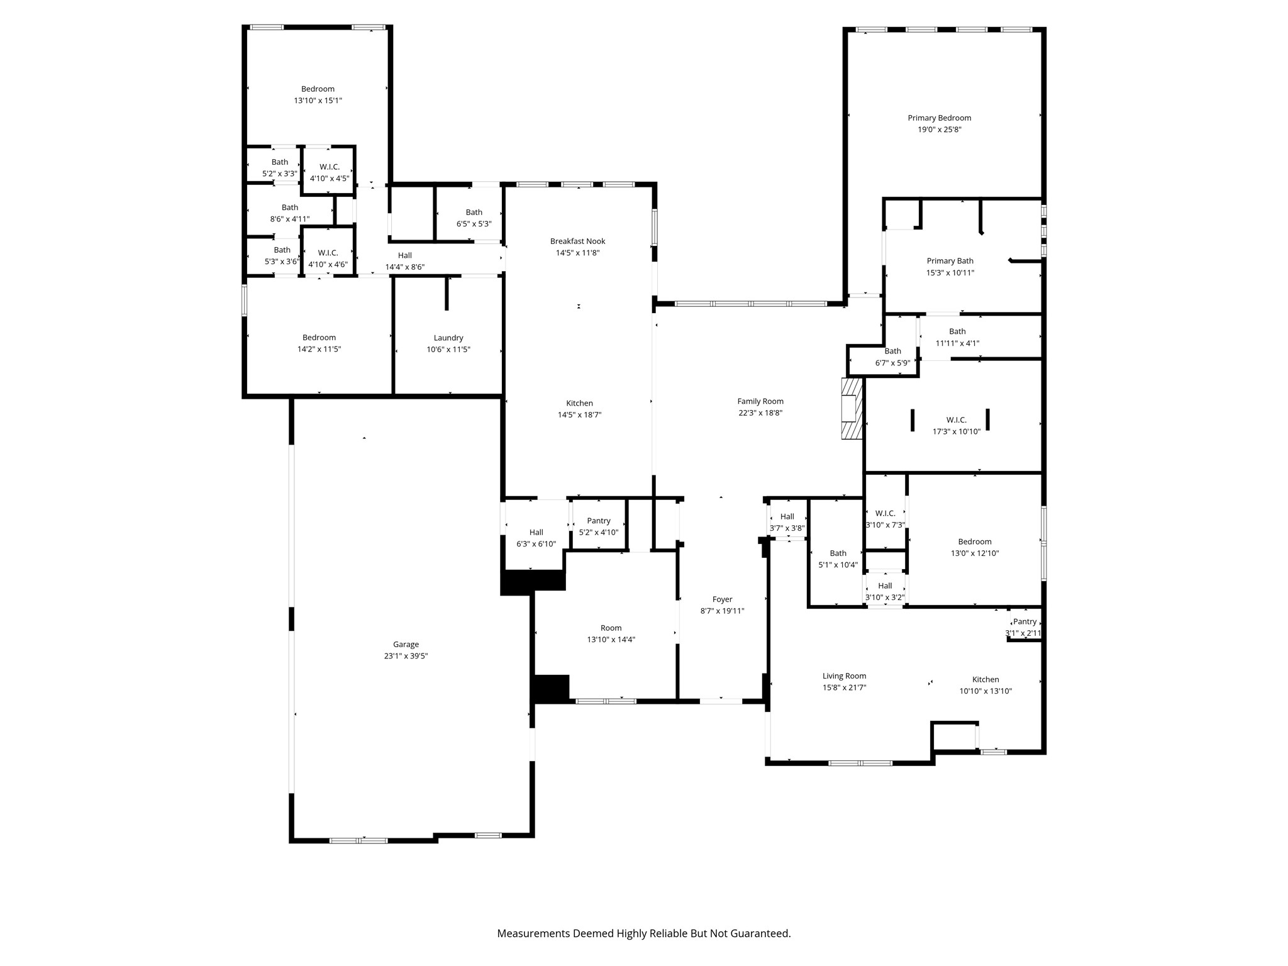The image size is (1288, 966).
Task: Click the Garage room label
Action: (x=406, y=644)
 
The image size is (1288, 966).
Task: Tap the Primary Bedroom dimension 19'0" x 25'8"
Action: (x=939, y=130)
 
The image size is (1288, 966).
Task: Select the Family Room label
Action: (x=760, y=401)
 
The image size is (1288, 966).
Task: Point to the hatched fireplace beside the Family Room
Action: (x=852, y=408)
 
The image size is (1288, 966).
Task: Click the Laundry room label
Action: (x=448, y=338)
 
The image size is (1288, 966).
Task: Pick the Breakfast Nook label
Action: (x=577, y=241)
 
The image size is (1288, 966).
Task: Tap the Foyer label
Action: (x=722, y=599)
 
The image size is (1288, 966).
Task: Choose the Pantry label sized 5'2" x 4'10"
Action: (x=598, y=521)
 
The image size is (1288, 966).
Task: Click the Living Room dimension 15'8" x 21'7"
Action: (x=844, y=687)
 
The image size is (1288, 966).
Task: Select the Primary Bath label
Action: (x=950, y=261)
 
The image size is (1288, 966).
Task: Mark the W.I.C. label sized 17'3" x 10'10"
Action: (x=956, y=420)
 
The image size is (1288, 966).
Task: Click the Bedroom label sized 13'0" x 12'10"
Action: (x=974, y=541)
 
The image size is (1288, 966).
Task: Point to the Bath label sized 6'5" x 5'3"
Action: (x=474, y=213)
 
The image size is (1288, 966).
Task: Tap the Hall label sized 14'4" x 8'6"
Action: (x=405, y=255)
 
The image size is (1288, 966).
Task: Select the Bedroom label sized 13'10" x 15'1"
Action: (x=318, y=89)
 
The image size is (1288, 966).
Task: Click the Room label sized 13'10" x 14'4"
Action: (x=611, y=628)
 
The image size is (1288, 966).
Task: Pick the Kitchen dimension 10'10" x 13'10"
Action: (x=985, y=691)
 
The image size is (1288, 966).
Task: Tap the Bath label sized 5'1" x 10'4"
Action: (x=838, y=553)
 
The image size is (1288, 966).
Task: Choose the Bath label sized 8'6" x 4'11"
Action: (x=290, y=208)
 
